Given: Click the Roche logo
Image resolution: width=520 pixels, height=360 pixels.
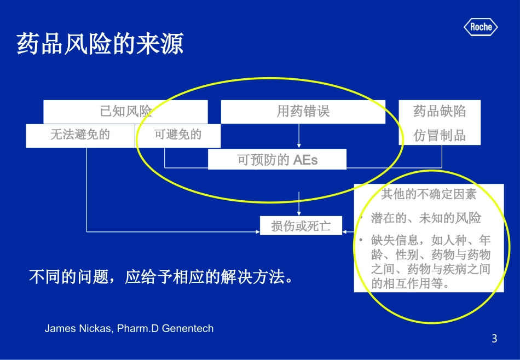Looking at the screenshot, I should pos(481,27).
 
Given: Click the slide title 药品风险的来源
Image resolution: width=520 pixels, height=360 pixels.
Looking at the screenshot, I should pos(100,44).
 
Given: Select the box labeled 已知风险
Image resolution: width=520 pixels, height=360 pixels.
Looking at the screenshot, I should pos(125,112).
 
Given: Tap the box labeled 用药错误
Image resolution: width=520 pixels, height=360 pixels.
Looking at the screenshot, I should pos(303,112).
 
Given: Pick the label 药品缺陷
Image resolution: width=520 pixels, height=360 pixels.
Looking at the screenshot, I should pos(440,112).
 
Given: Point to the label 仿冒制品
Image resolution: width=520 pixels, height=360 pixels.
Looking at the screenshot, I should pos(440,135).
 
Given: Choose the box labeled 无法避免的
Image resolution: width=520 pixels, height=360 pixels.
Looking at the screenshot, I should pos(80,135).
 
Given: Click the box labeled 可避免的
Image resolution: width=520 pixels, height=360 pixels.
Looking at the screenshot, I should pos(178,135).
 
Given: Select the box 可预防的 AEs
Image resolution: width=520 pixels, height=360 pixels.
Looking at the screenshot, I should pos(277,160).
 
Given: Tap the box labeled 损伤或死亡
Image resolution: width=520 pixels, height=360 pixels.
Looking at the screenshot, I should pos(301,225).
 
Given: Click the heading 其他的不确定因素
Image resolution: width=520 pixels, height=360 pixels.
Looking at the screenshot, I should pos(429,194).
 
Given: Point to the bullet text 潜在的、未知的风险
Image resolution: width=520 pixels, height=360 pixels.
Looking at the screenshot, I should pos(426,218).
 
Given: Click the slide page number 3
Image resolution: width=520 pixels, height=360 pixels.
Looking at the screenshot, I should pos(494,339).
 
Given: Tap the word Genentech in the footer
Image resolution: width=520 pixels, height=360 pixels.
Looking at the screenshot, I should pos(188,329).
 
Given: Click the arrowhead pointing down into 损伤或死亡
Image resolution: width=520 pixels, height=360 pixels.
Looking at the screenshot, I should pos(298,212).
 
